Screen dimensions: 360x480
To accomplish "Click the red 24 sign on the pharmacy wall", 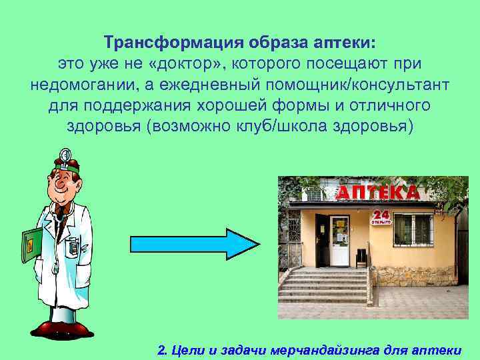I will tap(380, 215).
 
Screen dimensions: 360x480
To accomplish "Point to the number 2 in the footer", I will tap(161, 349).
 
